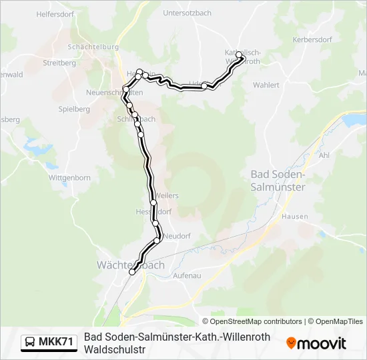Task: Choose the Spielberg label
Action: (x=74, y=108)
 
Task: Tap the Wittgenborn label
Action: (x=69, y=178)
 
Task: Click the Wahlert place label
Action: (x=266, y=85)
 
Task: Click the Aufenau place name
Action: (x=187, y=275)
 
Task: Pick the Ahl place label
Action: (x=326, y=154)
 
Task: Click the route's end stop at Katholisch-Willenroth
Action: (x=239, y=56)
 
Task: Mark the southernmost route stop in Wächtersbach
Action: (x=132, y=271)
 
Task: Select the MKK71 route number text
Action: (x=56, y=343)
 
